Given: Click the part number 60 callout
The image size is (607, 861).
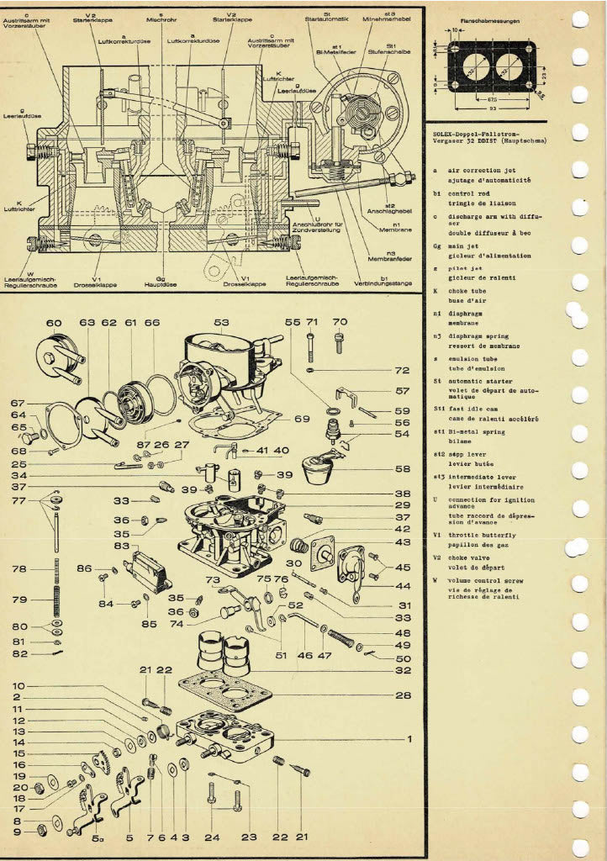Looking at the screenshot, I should pyautogui.click(x=55, y=322).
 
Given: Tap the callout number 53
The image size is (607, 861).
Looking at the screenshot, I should pyautogui.click(x=222, y=322).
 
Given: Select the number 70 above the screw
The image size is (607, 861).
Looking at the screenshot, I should pyautogui.click(x=340, y=321).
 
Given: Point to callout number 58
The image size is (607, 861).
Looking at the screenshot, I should pyautogui.click(x=403, y=468).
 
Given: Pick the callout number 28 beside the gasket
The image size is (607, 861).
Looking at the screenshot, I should pyautogui.click(x=403, y=695).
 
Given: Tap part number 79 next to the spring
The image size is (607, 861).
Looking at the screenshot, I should pyautogui.click(x=19, y=600).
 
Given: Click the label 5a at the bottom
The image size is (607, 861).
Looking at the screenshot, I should pyautogui.click(x=98, y=837).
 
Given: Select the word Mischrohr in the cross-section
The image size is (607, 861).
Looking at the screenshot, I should pyautogui.click(x=161, y=18).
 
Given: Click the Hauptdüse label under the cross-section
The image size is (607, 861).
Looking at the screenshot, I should pyautogui.click(x=161, y=283).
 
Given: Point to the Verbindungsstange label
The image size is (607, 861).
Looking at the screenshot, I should pyautogui.click(x=384, y=283).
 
